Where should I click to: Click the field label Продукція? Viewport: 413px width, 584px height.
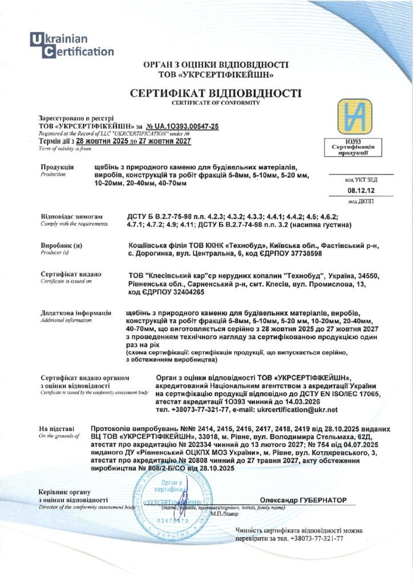point(57,167)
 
